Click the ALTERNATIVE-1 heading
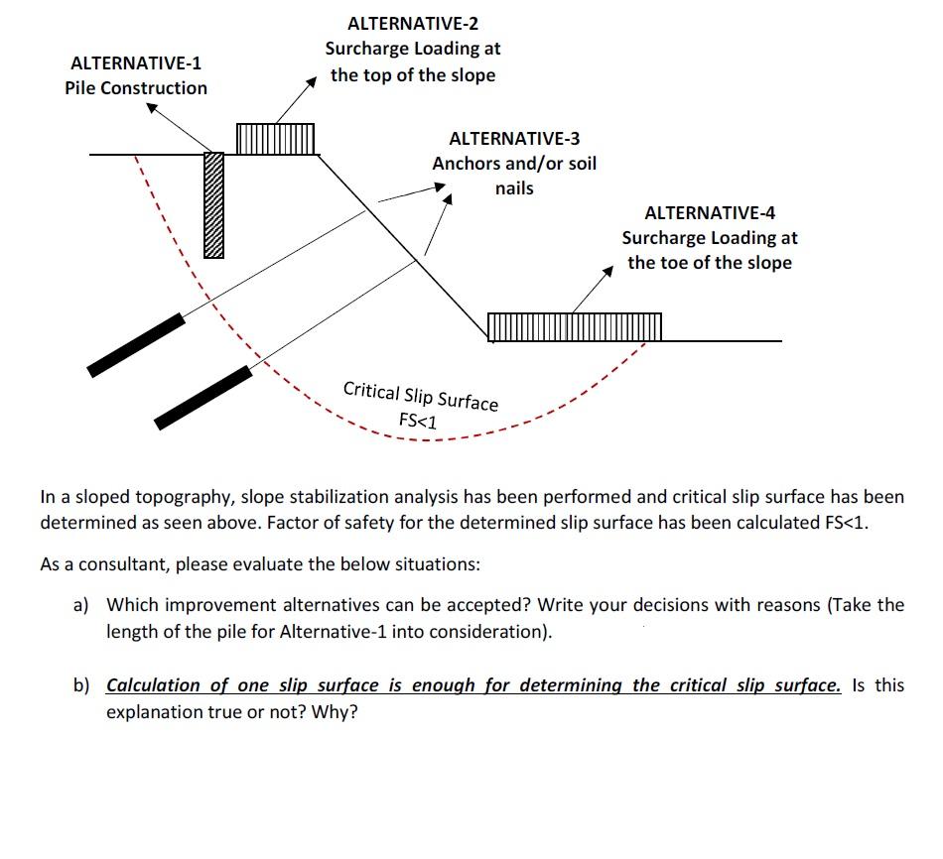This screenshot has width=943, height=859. point(136,63)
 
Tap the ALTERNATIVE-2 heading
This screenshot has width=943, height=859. point(413,24)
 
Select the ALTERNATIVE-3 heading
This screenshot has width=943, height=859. point(514,138)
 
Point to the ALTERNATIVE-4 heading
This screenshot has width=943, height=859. point(710,213)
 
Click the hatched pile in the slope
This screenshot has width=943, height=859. point(213,205)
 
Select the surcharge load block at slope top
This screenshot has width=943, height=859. point(275,139)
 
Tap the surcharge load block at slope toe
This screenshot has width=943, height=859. point(575,327)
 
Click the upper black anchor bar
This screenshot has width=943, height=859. point(136,345)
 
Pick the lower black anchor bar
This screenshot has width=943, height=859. point(203,398)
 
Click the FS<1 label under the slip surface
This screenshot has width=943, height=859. point(418,421)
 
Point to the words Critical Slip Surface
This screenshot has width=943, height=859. point(421,396)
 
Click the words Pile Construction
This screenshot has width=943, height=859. point(136,88)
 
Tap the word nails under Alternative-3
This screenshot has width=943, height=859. point(514,188)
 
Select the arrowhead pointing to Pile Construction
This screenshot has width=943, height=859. point(152,107)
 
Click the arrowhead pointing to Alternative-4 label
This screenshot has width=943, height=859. point(608,271)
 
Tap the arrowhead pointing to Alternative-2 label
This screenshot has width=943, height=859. point(311,81)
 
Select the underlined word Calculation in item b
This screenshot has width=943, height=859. point(153,685)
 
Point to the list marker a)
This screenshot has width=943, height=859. point(81,605)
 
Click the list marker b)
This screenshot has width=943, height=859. point(81,685)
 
